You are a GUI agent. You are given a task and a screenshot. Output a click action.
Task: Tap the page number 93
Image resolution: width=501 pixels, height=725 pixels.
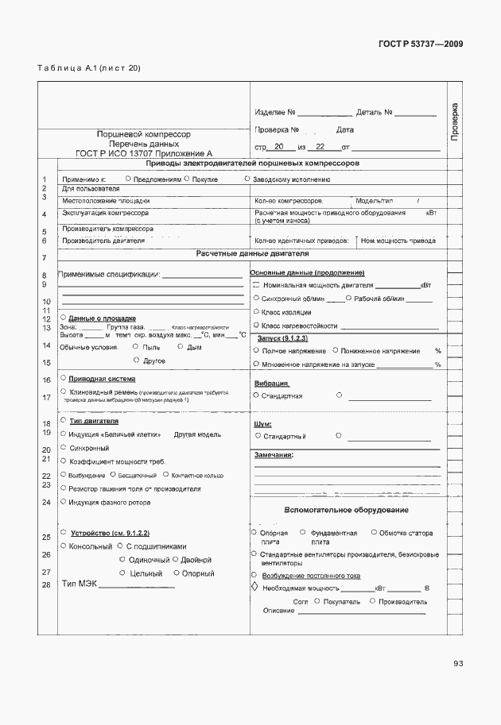coord(458,664)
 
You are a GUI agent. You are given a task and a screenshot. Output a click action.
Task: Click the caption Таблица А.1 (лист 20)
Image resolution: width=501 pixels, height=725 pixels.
coord(88,68)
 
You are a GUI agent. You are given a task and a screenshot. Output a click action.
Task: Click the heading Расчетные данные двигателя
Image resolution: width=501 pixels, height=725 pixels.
coord(252,253)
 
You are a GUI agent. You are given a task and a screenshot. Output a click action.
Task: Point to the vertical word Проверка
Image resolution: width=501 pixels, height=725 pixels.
coord(454,123)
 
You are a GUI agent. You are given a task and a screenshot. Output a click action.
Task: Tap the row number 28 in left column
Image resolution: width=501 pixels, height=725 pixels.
coord(46,585)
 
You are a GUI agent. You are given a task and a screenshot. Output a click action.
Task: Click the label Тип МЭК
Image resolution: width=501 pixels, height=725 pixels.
coord(79,585)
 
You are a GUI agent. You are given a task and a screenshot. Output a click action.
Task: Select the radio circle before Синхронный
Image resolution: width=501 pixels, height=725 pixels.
coord(63,448)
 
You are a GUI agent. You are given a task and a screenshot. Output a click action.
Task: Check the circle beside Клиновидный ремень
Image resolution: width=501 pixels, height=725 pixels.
coord(63,392)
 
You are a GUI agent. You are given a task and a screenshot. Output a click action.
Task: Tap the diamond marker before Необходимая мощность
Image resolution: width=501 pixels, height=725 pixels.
coord(254,588)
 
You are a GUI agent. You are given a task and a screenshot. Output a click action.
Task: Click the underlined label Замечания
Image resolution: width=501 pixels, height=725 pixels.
coord(274,455)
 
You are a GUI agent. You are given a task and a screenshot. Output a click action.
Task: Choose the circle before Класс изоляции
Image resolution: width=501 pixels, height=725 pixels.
coord(255,311)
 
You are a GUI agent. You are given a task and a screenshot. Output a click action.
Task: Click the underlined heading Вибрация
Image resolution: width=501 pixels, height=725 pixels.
coord(270,383)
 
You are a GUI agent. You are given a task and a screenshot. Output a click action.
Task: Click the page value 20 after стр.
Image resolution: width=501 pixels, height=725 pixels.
coord(278,148)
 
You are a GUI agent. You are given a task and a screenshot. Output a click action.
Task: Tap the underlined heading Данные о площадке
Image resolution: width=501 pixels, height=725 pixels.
coord(102,318)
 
